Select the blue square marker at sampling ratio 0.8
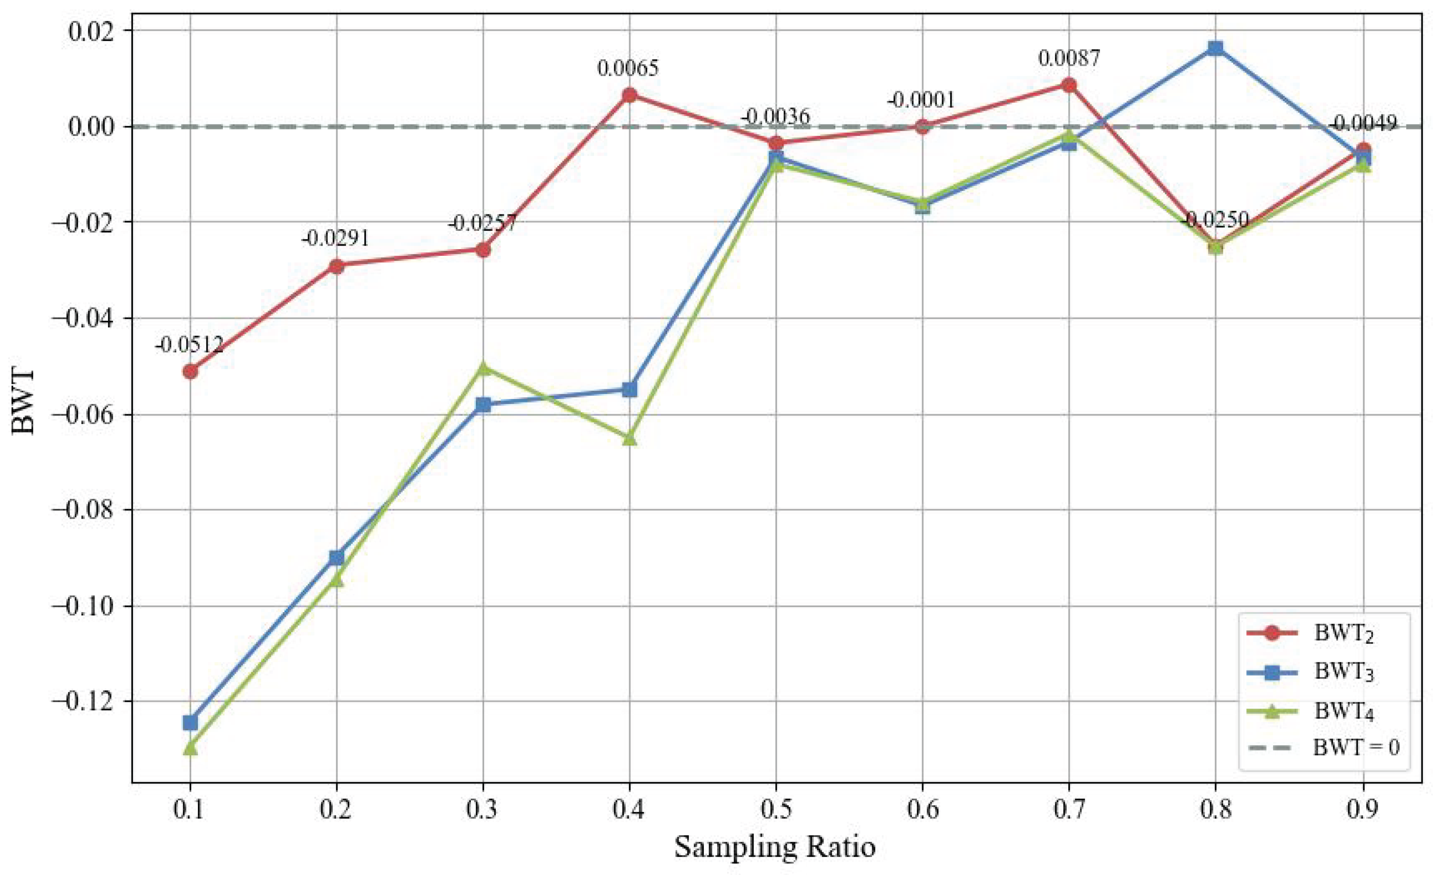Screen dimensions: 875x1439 (x=1215, y=48)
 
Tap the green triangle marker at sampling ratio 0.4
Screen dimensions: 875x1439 (x=629, y=438)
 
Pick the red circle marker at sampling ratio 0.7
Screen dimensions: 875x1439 (x=1069, y=85)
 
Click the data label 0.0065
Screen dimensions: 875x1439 (x=628, y=68)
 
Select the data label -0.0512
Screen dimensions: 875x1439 (x=188, y=345)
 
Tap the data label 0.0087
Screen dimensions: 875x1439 (x=1069, y=58)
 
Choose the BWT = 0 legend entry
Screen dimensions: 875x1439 (x=1355, y=747)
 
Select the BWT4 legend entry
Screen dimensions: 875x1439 (x=1343, y=711)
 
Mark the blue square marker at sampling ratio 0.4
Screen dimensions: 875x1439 (x=629, y=390)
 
